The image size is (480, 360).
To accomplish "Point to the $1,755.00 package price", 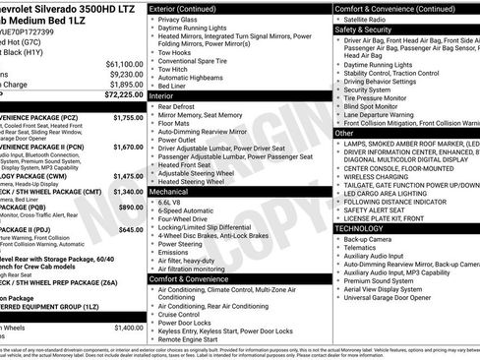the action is pyautogui.click(x=128, y=117).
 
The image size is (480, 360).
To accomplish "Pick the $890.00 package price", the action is pyautogui.click(x=131, y=208).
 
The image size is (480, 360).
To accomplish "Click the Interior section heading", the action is pyautogui.click(x=162, y=96).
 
